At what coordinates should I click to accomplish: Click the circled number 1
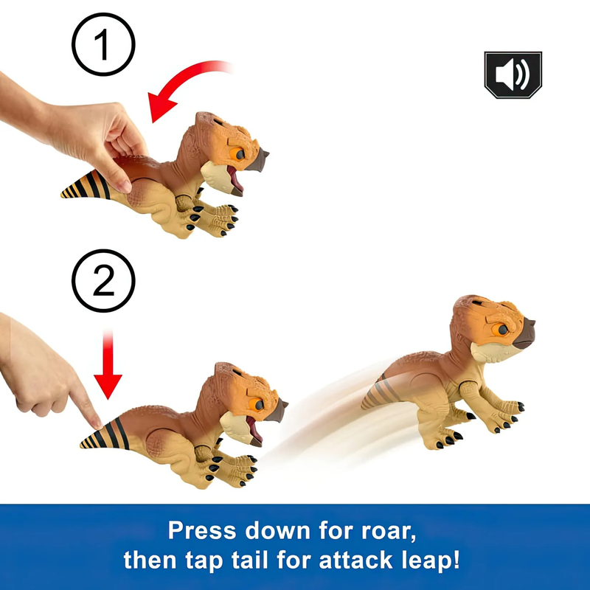point(103,44)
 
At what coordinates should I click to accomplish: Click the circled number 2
point(103,281)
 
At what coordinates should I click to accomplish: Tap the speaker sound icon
point(513,75)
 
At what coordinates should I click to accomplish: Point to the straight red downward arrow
point(108,364)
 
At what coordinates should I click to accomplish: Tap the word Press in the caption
point(202,530)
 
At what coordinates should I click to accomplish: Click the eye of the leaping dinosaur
point(502,330)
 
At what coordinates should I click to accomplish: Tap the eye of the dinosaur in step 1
point(238,154)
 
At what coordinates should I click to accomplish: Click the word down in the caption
point(278,530)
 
